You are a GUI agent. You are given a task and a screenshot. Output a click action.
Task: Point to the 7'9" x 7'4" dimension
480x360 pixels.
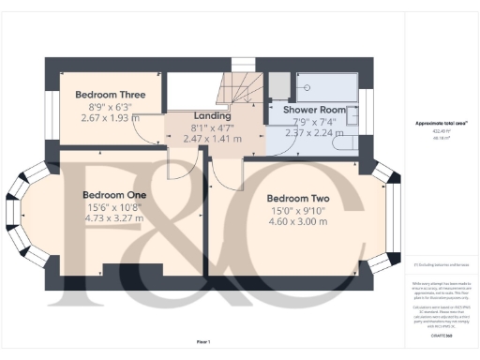[x=307, y=121]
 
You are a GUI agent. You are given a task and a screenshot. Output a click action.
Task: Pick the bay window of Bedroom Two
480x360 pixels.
[x=390, y=214]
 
